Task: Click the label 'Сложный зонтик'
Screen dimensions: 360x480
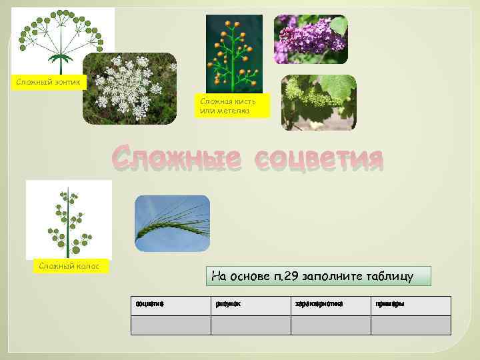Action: tap(49, 82)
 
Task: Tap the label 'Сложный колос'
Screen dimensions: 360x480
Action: tap(69, 266)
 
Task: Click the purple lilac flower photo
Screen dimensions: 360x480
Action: tap(311, 39)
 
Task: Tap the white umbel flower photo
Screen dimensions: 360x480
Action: tap(129, 89)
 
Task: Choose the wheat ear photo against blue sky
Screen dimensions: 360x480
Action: tap(172, 223)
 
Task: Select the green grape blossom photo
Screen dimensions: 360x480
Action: tap(319, 102)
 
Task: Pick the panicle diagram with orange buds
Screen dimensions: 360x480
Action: tap(234, 53)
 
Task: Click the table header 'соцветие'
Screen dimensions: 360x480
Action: tap(150, 304)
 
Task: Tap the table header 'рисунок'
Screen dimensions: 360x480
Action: tap(228, 304)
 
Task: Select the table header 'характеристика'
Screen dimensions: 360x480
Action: tap(319, 304)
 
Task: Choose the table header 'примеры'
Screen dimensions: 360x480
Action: tap(390, 304)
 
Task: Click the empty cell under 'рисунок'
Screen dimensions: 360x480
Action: tap(251, 325)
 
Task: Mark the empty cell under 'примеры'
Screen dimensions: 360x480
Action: tap(411, 325)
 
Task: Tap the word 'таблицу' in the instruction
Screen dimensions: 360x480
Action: tap(393, 276)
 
